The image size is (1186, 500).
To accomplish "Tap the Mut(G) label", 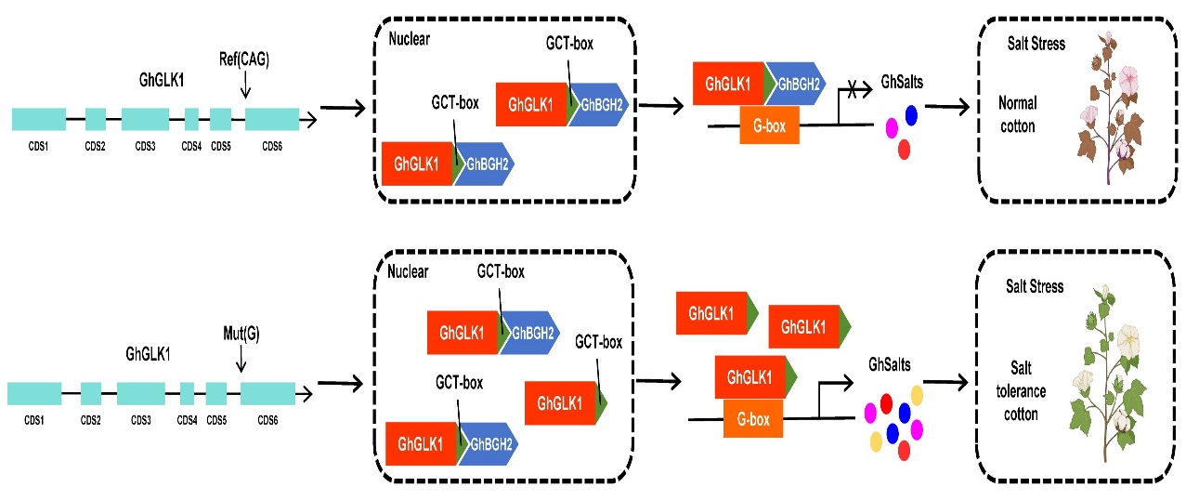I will point(241,333).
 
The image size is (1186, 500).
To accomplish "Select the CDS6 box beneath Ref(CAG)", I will point(271,119).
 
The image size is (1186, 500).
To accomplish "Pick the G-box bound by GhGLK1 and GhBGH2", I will point(769,125).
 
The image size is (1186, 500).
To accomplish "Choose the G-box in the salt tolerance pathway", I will point(753,421).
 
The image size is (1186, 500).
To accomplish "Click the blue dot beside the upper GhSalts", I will point(911,114).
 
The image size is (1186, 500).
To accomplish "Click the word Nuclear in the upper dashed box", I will point(411,41).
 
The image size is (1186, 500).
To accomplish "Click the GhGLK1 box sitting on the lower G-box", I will point(749,377).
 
